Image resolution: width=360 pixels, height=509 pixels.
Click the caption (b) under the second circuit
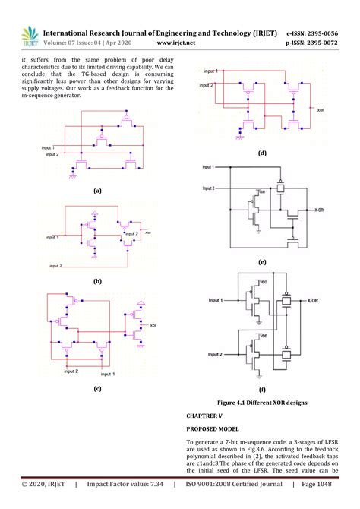pos(96,280)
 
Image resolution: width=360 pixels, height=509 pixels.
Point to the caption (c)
pos(96,388)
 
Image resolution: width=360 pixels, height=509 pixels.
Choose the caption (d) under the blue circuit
pos(262,153)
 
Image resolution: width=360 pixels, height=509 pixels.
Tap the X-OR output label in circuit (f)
pos(315,302)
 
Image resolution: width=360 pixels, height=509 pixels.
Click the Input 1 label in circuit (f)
pos(219,301)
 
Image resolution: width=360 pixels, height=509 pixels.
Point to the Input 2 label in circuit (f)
pos(219,355)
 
